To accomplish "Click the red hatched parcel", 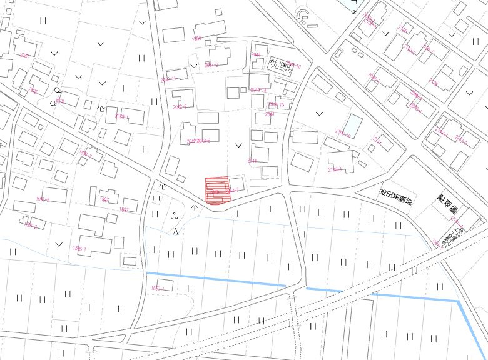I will (218, 190).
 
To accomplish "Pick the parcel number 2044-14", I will (258, 90).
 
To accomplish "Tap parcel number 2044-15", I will (276, 104).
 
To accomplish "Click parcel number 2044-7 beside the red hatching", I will (233, 189).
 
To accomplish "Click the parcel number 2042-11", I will (169, 79).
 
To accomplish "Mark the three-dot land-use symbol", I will (174, 216).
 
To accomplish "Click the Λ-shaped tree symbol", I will (176, 232).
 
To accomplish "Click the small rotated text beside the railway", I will (448, 236).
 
